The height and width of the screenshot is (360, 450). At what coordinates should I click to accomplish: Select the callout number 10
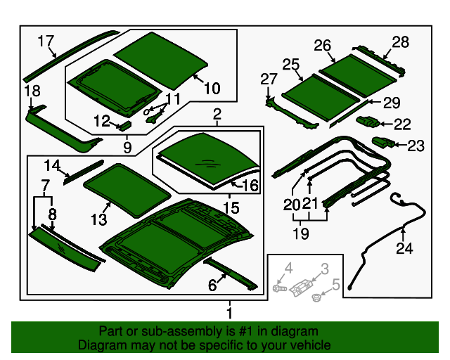[212, 88]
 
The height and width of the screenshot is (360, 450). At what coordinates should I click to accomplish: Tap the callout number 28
[400, 42]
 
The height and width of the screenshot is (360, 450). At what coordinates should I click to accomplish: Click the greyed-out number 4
[288, 267]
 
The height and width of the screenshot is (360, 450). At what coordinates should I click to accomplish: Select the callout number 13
[98, 219]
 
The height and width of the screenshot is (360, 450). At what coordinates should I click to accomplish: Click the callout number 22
[402, 124]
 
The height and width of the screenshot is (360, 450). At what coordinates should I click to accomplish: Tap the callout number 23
[416, 146]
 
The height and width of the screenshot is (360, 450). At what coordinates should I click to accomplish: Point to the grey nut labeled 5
[316, 297]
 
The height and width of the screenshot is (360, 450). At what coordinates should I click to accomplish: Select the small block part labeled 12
[124, 125]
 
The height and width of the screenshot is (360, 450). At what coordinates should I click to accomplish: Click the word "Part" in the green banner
[112, 331]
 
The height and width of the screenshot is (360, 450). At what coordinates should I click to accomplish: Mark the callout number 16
[250, 186]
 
